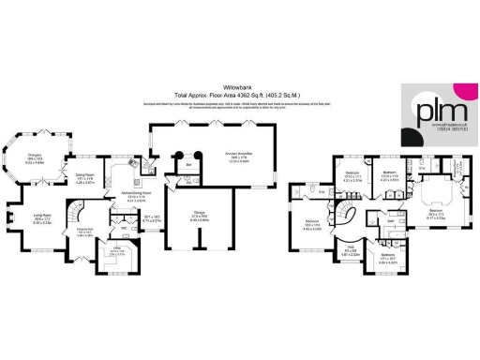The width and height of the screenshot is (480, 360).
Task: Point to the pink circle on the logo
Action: [459, 90]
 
